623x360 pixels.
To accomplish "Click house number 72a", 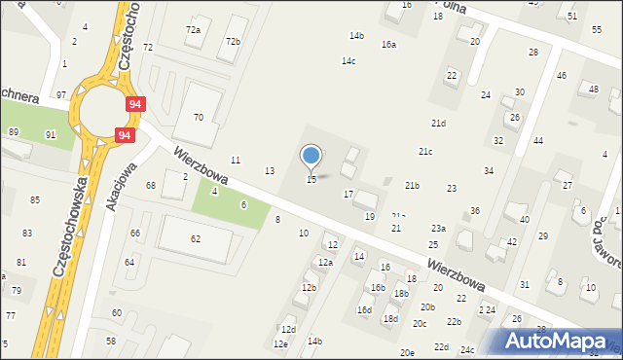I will click(194, 30).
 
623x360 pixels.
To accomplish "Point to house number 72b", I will click(233, 42).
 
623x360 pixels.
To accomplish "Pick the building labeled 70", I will click(199, 117).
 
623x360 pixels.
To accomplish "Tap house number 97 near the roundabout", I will click(61, 94).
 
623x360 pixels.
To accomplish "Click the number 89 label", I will click(14, 131).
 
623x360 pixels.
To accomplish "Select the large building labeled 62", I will click(196, 238).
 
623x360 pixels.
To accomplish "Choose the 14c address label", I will click(348, 61).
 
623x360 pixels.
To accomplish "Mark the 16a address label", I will click(388, 45).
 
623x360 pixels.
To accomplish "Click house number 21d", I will click(439, 124).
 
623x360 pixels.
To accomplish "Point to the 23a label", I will click(439, 228).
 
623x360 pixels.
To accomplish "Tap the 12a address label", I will click(326, 263).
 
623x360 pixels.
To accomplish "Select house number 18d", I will click(390, 318).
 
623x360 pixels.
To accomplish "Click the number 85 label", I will click(35, 200).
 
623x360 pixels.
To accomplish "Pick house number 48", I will click(593, 90).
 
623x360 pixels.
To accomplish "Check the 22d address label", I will click(441, 346).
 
